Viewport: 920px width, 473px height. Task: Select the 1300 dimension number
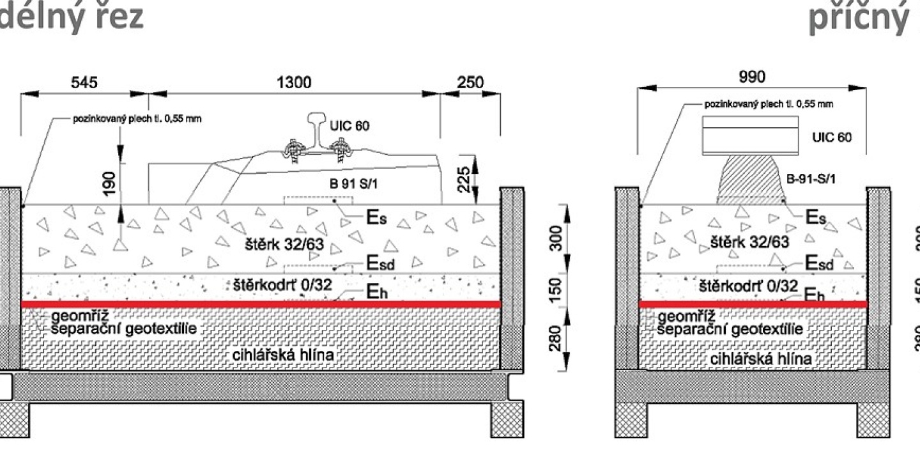[294, 82]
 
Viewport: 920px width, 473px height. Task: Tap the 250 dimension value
[471, 82]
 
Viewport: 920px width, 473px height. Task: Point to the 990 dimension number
[752, 77]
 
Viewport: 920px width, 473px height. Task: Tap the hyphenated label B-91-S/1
[811, 180]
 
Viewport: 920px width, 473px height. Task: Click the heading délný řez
[70, 17]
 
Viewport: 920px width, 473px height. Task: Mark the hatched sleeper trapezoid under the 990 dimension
[751, 180]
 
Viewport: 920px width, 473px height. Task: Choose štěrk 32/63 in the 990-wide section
[749, 242]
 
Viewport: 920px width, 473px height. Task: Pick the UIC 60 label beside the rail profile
[349, 126]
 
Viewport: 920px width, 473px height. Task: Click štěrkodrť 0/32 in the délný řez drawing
[279, 285]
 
